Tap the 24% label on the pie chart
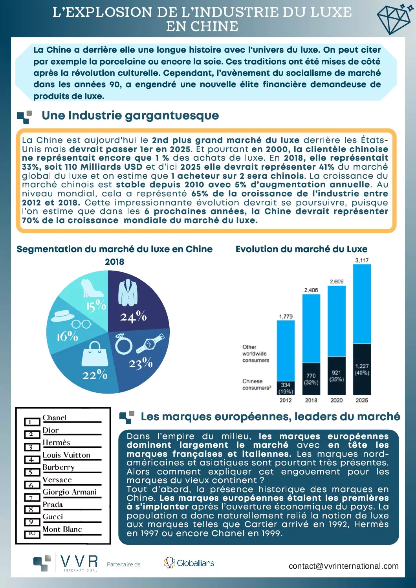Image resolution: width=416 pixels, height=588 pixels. click(133, 317)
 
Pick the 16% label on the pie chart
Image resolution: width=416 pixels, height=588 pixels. click(67, 336)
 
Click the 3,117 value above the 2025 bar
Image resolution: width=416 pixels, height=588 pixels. click(362, 260)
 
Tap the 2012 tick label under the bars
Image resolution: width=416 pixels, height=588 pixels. click(286, 400)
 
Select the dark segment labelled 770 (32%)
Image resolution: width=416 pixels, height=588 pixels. click(311, 379)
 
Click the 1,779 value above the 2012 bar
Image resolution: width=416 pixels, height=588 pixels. click(286, 316)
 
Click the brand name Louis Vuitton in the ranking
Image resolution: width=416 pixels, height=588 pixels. click(66, 455)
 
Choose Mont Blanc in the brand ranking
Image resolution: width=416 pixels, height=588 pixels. click(62, 529)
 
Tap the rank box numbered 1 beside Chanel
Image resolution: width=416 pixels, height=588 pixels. click(32, 422)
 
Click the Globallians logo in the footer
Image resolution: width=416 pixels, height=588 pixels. click(189, 563)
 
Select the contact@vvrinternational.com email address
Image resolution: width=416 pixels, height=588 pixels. click(343, 566)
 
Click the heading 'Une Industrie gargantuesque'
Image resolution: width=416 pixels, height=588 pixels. click(130, 115)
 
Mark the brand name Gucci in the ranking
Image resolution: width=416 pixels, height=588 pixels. click(53, 517)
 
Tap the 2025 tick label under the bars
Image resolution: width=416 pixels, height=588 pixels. click(362, 400)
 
